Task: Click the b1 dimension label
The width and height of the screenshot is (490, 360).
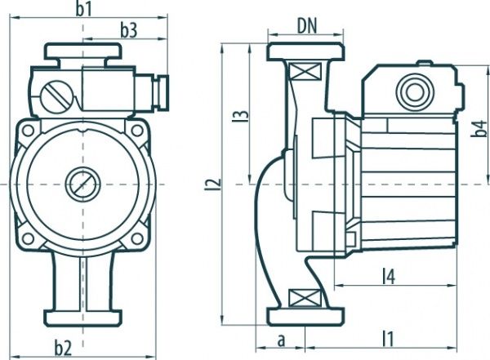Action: click(x=83, y=9)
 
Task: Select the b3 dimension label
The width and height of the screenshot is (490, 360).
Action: click(x=128, y=30)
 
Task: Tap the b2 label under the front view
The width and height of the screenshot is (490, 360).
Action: click(x=83, y=349)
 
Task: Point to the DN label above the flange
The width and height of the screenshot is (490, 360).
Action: click(x=306, y=26)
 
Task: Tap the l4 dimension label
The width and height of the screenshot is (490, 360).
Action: click(x=389, y=277)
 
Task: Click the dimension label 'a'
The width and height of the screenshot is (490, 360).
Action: click(x=282, y=336)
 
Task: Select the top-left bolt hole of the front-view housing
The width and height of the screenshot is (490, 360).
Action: click(x=29, y=130)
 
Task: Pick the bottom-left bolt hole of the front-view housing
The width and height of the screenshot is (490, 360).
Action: click(x=29, y=238)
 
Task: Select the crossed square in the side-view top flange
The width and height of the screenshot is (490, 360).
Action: click(x=306, y=72)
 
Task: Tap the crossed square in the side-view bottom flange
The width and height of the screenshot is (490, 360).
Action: click(x=306, y=296)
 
